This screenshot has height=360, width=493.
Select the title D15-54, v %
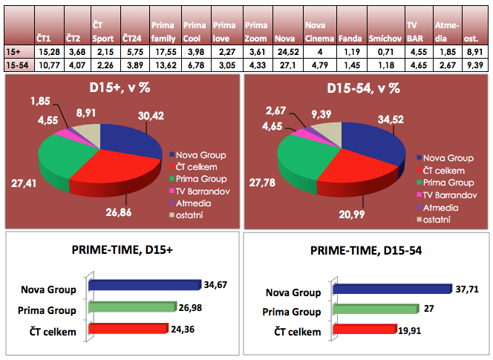pos(364,88)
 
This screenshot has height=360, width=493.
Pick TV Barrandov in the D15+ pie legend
pos(200,191)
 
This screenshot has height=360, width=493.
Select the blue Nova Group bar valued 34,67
pos(144,285)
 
